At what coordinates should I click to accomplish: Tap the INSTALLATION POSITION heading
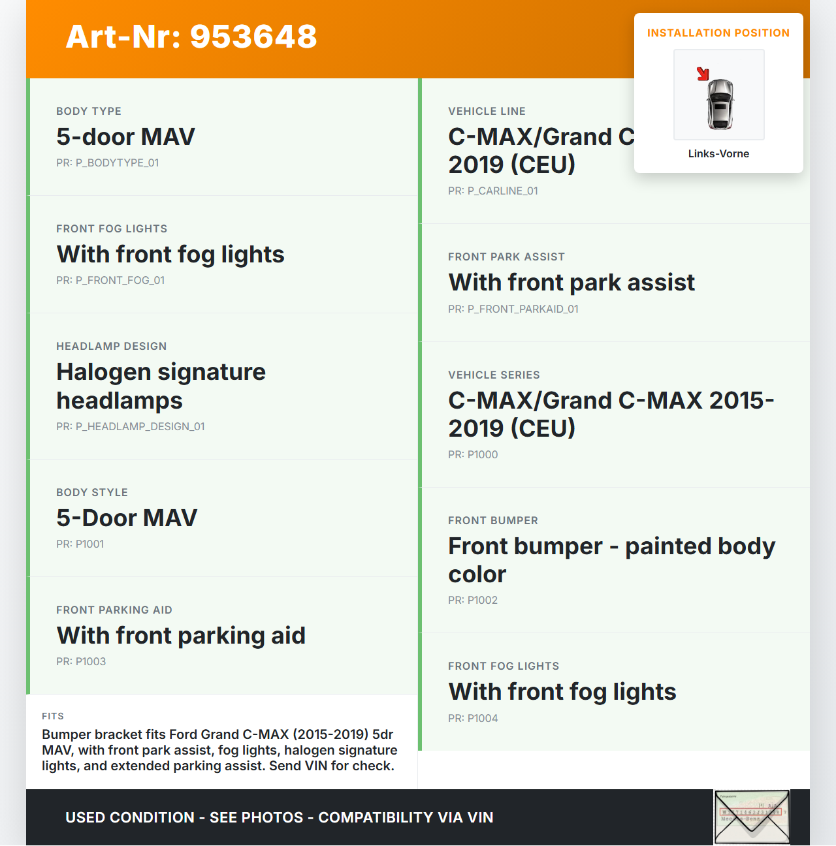pos(718,33)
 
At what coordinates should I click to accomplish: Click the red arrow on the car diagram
pos(703,74)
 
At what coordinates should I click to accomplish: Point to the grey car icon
pos(720,104)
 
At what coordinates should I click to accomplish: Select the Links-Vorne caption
pos(718,154)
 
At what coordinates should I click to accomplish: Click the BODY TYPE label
pos(89,112)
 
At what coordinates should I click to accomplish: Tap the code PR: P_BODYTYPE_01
pos(108,163)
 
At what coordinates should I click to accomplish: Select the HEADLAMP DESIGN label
pos(112,347)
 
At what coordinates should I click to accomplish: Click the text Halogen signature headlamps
pos(161,386)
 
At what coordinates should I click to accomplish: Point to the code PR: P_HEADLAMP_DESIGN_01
pos(131,427)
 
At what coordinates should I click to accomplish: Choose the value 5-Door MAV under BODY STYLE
pos(127,518)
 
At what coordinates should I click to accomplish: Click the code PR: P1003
pos(81,662)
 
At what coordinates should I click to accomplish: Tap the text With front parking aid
pos(181,636)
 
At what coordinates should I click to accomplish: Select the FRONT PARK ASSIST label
pos(506,257)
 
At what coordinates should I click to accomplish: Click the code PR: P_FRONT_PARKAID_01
pos(513,309)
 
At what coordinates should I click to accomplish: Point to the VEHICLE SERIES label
pos(494,375)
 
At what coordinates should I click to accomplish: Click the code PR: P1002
pos(473,601)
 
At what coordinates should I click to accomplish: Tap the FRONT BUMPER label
pos(493,521)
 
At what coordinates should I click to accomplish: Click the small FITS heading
pos(53,716)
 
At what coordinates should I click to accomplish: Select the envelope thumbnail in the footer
pos(752,817)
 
